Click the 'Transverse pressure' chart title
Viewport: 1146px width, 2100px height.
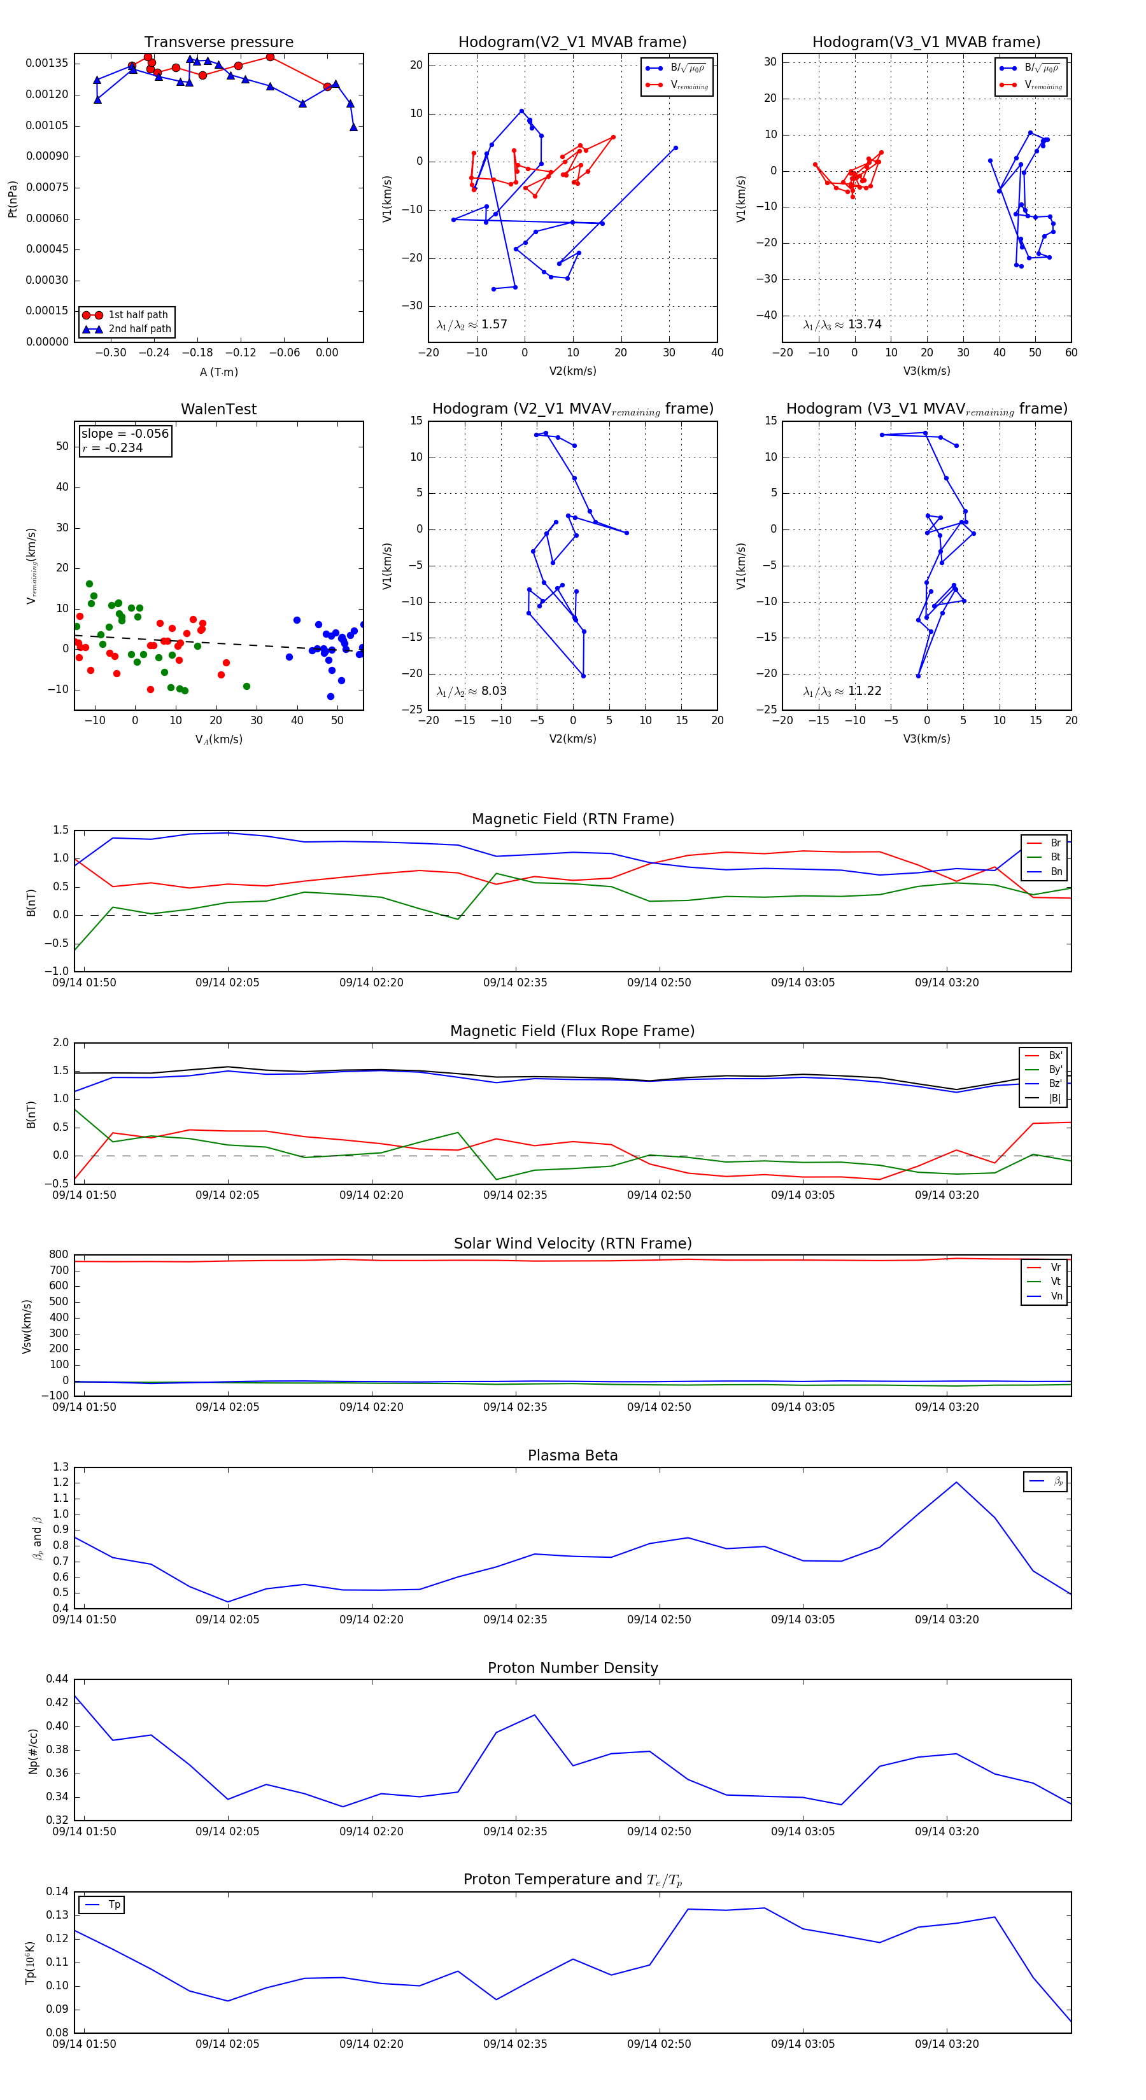coord(218,43)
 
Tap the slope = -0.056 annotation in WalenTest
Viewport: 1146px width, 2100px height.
coord(125,434)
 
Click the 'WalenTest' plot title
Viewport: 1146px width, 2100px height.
coord(218,409)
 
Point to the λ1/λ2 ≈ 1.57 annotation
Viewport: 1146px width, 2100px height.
coord(472,325)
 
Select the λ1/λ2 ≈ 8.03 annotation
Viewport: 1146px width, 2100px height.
coord(472,691)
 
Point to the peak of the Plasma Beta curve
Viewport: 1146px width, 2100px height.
coord(956,1482)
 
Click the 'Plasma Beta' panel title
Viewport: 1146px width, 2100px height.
coord(572,1455)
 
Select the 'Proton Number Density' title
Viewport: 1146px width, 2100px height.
coord(572,1667)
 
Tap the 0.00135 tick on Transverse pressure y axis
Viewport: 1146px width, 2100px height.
coord(47,64)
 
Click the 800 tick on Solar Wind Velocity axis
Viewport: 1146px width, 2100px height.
coord(59,1255)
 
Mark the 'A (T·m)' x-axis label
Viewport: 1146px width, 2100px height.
coord(218,372)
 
